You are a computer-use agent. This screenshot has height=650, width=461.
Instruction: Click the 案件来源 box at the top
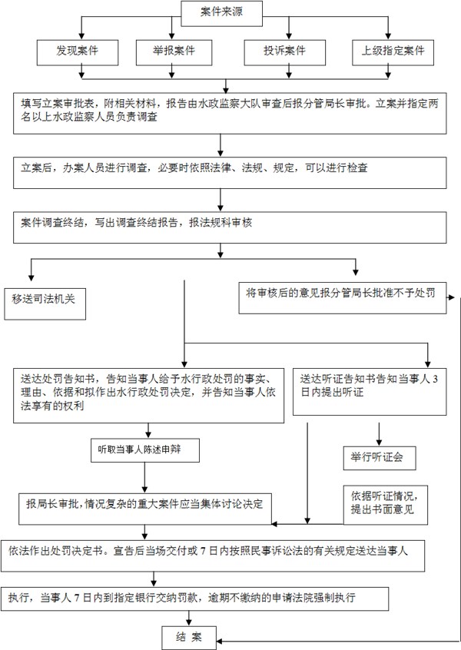pyautogui.click(x=222, y=13)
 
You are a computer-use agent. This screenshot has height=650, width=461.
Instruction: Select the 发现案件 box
pyautogui.click(x=78, y=53)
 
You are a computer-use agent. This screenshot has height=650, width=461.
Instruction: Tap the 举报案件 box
pyautogui.click(x=174, y=53)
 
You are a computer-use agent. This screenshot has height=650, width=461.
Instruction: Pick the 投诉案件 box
pyautogui.click(x=285, y=53)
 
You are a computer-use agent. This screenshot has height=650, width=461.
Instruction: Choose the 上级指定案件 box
pyautogui.click(x=393, y=53)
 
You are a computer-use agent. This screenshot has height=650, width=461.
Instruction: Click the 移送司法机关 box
pyautogui.click(x=45, y=303)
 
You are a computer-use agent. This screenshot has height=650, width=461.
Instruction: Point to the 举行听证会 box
pyautogui.click(x=380, y=458)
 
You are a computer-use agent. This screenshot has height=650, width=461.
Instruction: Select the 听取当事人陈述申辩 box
pyautogui.click(x=145, y=450)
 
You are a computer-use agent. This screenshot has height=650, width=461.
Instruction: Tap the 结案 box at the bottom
pyautogui.click(x=189, y=638)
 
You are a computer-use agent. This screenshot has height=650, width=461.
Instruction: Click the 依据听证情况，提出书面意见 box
pyautogui.click(x=385, y=505)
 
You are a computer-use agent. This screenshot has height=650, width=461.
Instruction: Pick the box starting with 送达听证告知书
pyautogui.click(x=370, y=392)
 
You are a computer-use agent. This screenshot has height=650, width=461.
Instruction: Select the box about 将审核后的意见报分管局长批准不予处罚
pyautogui.click(x=343, y=297)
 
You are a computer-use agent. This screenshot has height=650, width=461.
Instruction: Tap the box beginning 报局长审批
pyautogui.click(x=145, y=509)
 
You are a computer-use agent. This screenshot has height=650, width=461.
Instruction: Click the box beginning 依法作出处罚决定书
pyautogui.click(x=213, y=556)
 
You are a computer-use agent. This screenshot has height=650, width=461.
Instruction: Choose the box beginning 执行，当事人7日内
pyautogui.click(x=195, y=599)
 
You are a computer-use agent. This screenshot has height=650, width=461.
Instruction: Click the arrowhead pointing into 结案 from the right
pyautogui.click(x=220, y=641)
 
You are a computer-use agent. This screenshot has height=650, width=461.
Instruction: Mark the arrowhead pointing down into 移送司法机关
pyautogui.click(x=31, y=277)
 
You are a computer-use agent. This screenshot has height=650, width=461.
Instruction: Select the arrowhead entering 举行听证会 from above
pyautogui.click(x=379, y=443)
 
